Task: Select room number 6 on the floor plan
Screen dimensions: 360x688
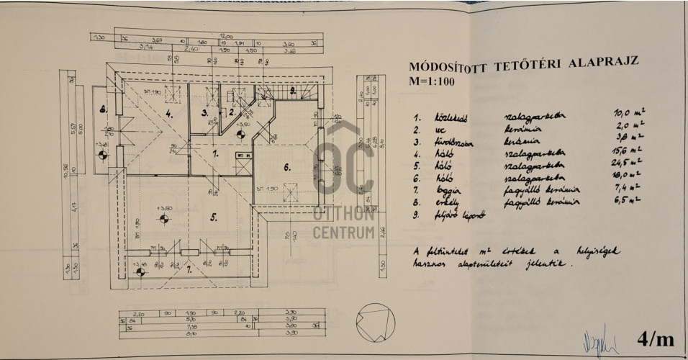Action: point(286,168)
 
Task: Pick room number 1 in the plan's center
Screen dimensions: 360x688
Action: point(215,153)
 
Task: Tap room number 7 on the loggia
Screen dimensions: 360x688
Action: point(189,270)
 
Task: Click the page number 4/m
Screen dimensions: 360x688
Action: point(656,340)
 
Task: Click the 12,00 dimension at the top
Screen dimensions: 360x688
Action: point(227,36)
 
